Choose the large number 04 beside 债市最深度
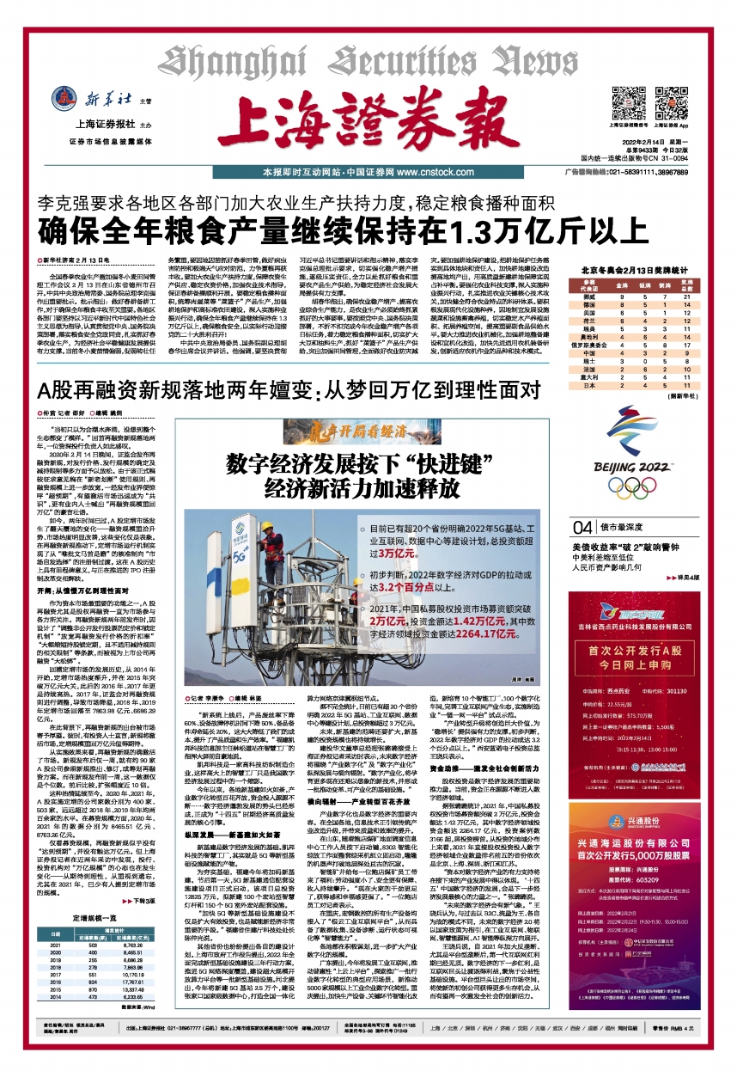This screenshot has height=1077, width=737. point(583,527)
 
